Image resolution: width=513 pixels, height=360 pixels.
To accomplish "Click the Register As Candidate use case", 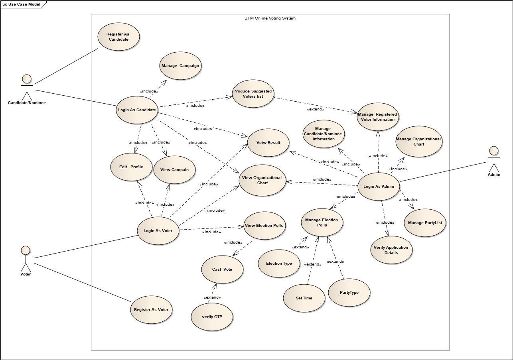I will (118, 37).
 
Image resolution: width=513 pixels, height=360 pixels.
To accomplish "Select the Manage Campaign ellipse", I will (180, 66).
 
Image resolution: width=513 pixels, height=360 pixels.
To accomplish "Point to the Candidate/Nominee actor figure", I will (27, 87).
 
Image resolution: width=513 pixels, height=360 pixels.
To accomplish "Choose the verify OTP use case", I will (212, 317).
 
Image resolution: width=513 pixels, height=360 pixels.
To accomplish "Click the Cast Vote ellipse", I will (222, 270).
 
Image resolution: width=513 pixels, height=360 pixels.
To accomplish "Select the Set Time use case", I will (304, 298).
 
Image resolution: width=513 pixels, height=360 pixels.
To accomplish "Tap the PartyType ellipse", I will (349, 293).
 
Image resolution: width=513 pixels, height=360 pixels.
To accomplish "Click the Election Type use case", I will (279, 264).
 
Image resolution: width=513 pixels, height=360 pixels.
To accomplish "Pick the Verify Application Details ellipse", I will (391, 250).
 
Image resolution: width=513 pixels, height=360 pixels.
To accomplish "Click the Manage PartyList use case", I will (425, 223).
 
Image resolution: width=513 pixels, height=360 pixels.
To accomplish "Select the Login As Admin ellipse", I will (378, 186).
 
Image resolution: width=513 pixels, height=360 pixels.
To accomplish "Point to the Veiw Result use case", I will (268, 143).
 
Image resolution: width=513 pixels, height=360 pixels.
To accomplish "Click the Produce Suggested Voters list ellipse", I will (253, 94).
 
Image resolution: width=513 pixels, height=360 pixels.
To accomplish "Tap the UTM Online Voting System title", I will (270, 18).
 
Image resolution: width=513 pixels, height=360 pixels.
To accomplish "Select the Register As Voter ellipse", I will (151, 310).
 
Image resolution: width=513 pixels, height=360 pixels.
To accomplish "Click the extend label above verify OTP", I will (212, 297).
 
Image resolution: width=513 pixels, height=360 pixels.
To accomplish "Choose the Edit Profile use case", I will (131, 167).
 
